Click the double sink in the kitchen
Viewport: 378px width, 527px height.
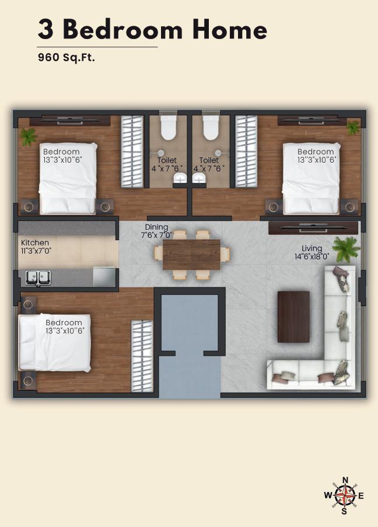[x=38, y=277]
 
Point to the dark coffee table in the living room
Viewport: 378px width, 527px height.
[x=293, y=317]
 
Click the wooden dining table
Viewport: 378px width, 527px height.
[x=191, y=254]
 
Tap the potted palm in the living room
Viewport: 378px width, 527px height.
[x=346, y=249]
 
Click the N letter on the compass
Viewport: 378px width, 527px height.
[x=345, y=480]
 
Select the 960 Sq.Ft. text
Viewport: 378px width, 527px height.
[x=66, y=58]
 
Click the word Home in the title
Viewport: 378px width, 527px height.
[x=230, y=30]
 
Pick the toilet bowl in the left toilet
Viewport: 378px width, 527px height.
[x=169, y=128]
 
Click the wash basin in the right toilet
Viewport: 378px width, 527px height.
[x=199, y=178]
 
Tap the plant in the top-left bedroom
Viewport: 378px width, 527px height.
[x=28, y=137]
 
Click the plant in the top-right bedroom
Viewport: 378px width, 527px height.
[x=353, y=128]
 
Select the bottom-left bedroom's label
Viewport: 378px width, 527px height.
[x=64, y=326]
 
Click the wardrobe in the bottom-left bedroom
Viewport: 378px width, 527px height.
[x=142, y=356]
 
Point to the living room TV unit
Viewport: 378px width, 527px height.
[x=313, y=228]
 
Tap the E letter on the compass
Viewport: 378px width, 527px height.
[x=361, y=496]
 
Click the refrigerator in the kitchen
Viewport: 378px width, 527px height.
[x=104, y=277]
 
